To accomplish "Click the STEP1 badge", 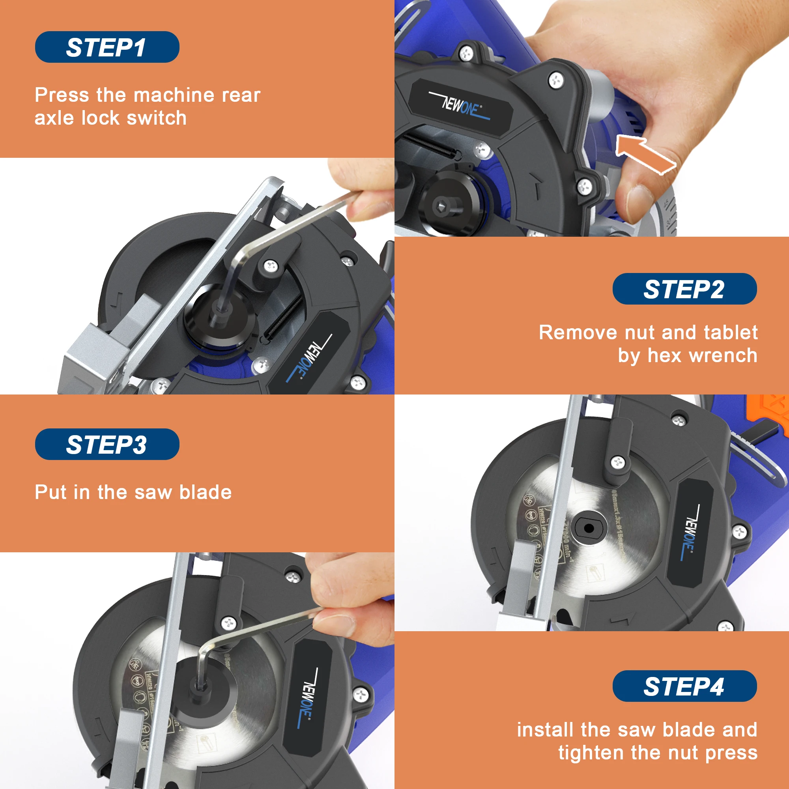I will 107,47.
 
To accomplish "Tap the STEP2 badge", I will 684,289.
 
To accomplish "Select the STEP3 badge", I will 107,444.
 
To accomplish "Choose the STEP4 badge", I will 684,686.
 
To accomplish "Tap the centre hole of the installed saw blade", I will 589,528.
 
